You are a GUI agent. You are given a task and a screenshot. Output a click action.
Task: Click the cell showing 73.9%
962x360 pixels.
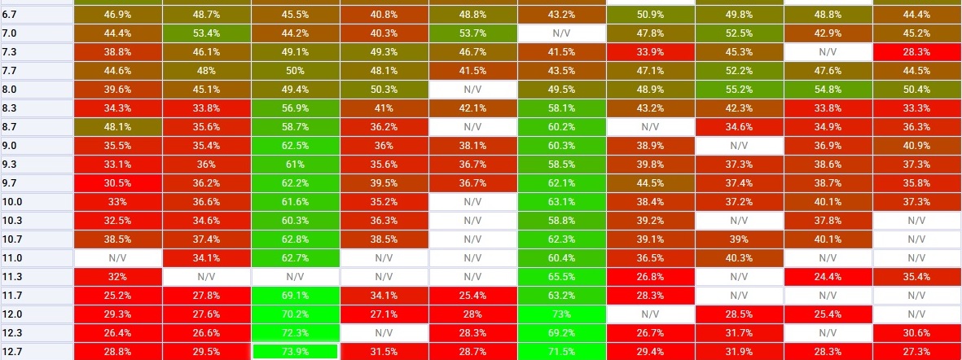point(295,351)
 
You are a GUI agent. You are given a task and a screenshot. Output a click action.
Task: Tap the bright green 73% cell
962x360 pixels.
point(561,314)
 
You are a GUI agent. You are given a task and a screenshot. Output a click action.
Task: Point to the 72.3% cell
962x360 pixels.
point(295,332)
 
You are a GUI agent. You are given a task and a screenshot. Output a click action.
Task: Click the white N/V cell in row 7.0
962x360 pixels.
point(561,33)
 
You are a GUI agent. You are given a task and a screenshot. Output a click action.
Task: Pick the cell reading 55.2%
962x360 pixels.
point(738,90)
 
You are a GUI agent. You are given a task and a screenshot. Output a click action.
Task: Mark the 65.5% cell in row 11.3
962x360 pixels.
point(561,276)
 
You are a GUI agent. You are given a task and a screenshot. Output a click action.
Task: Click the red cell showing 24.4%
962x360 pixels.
point(827,276)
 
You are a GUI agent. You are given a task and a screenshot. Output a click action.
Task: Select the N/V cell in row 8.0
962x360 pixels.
point(472,90)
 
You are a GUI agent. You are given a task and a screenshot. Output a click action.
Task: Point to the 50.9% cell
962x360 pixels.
point(650,15)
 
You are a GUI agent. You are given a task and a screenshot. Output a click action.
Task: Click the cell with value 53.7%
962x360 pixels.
point(472,33)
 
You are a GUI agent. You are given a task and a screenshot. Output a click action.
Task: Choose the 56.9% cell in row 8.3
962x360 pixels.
point(295,108)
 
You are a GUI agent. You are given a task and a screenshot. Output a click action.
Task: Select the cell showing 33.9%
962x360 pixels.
point(650,52)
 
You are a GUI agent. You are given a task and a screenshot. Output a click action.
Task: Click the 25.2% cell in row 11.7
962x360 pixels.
point(118,295)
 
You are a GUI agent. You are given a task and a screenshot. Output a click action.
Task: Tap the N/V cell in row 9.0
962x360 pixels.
point(738,146)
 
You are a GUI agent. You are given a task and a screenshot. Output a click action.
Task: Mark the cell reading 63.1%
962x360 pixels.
point(561,201)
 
